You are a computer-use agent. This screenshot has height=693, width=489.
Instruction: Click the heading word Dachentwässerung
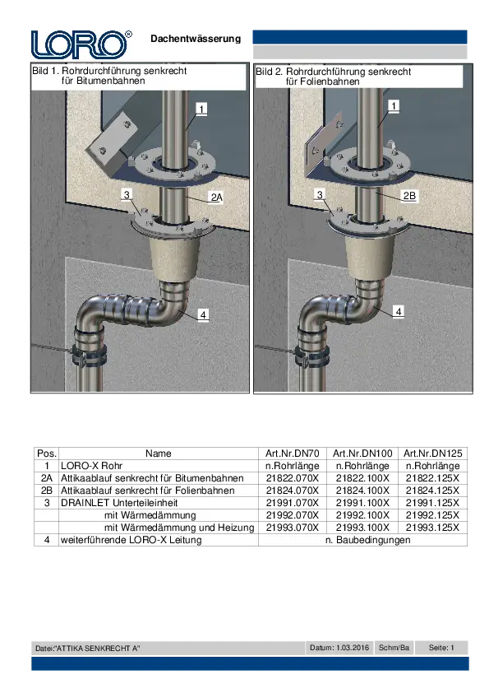[x=196, y=39]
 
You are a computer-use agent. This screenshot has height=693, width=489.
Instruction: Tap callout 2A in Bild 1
[x=216, y=197]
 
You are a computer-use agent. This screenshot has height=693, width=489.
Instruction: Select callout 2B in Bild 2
[x=409, y=195]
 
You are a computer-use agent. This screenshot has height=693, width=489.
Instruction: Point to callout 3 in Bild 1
[x=127, y=194]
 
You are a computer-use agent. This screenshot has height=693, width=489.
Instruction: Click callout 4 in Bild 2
[x=399, y=312]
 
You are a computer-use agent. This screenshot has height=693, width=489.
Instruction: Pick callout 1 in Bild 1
[x=201, y=109]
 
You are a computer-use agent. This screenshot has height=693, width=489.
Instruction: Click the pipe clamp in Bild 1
[x=90, y=351]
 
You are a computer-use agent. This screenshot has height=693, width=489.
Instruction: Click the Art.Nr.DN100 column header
[x=362, y=453]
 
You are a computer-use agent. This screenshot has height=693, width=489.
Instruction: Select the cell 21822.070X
[x=292, y=478]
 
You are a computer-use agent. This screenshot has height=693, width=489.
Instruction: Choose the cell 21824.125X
[x=432, y=491]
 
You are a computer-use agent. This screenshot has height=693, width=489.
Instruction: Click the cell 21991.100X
[x=362, y=503]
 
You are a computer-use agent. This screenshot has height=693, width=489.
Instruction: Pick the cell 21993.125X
[x=432, y=528]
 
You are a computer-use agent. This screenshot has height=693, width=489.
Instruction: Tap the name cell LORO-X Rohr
[x=91, y=466]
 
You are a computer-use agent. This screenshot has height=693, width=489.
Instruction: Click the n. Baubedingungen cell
[x=367, y=540]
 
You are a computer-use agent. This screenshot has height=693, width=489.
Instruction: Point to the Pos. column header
[x=47, y=453]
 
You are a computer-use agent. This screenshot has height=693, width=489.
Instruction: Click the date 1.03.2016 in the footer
[x=353, y=648]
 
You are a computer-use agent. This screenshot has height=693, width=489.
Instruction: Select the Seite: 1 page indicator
[x=441, y=648]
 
